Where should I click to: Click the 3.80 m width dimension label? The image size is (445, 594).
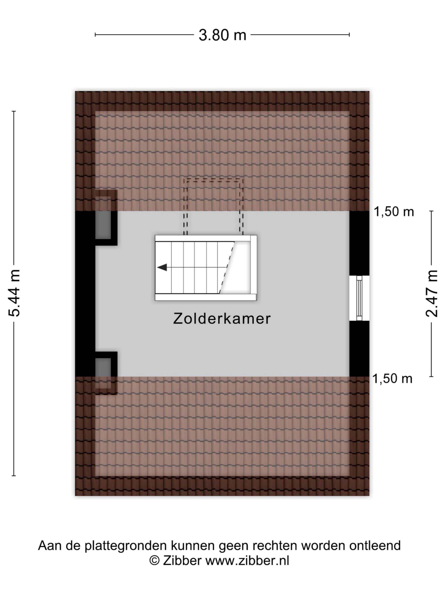click(222, 35)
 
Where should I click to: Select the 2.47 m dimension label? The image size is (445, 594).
click(432, 293)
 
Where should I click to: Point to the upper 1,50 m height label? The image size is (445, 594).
click(394, 212)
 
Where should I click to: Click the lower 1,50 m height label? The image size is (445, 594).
click(392, 379)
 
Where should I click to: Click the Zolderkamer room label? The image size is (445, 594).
click(222, 319)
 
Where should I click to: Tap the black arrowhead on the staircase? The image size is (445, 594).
click(162, 268)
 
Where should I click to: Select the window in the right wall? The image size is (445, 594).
click(359, 298)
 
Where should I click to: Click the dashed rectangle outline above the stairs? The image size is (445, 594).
click(213, 179)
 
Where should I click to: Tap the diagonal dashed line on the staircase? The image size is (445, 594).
click(227, 267)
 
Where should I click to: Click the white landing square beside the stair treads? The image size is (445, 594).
click(238, 268)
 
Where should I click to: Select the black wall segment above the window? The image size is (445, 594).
click(359, 243)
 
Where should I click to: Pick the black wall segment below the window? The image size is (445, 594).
click(359, 349)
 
